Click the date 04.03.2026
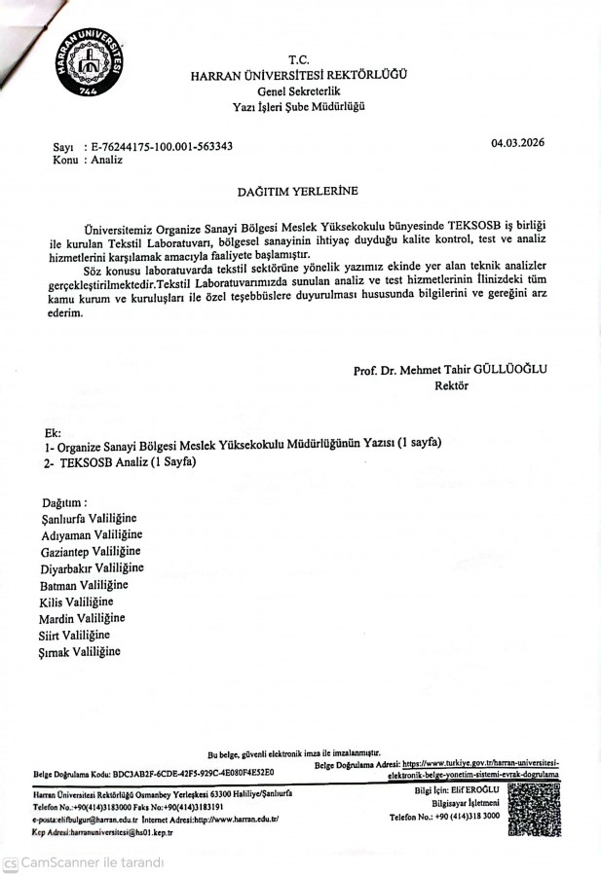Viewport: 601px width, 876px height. click(x=517, y=143)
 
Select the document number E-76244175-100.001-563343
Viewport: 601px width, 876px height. click(x=160, y=146)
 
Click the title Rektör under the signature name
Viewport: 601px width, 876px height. click(x=451, y=384)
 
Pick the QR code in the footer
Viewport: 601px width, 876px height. click(x=534, y=810)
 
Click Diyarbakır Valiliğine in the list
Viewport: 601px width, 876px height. click(x=92, y=567)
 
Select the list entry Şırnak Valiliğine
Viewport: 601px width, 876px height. click(x=80, y=650)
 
